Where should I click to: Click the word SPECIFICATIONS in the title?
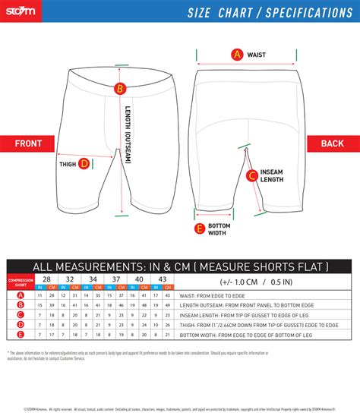(304, 12)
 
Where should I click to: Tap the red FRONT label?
(28, 143)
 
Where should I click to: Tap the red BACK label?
(333, 143)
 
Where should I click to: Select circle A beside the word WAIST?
(237, 54)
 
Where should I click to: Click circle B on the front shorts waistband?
(118, 89)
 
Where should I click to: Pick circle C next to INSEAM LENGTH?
(251, 176)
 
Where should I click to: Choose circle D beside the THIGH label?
(84, 162)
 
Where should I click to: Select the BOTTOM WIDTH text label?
(219, 228)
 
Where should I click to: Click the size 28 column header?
(46, 279)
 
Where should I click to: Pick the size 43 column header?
(159, 279)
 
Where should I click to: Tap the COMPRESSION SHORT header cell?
(21, 282)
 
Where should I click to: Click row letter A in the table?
(21, 295)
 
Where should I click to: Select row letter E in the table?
(21, 333)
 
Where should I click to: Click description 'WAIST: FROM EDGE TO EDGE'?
(213, 295)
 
